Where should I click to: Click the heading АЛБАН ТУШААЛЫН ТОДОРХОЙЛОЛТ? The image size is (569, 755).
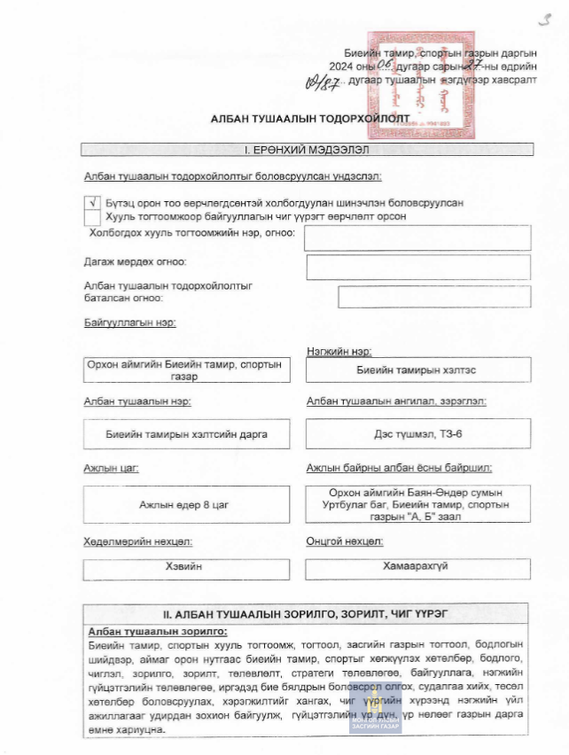pos(284,117)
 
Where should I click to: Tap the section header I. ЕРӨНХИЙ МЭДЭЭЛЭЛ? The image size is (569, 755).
pos(307,150)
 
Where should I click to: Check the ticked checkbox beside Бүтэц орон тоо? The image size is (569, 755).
pos(93,202)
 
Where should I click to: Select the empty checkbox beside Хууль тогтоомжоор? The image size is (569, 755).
pos(93,216)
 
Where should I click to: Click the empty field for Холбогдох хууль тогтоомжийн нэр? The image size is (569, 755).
pos(417,237)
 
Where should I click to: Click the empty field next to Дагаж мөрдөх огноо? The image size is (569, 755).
pos(417,267)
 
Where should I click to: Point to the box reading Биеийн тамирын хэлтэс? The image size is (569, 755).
pos(417,370)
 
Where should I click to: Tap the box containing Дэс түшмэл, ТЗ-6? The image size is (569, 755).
pos(417,434)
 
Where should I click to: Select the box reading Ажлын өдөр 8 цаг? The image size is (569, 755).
pos(184,504)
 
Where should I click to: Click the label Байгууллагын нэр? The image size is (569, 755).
pos(129,322)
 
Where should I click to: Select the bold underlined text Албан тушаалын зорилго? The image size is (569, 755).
pos(158,631)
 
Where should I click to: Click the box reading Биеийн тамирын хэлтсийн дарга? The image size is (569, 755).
pos(184,434)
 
